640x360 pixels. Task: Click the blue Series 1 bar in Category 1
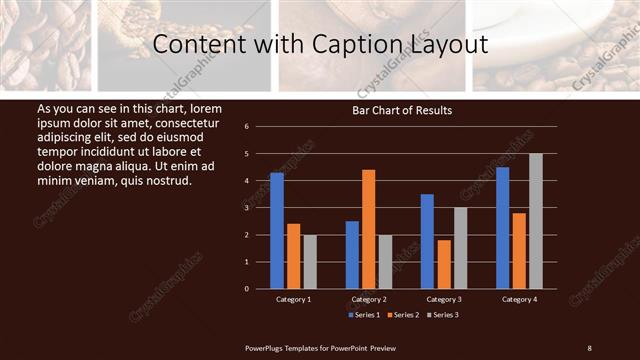277,231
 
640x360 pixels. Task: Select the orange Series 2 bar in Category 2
368,229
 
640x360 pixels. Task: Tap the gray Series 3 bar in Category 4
536,221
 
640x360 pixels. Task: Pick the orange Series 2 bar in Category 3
443,264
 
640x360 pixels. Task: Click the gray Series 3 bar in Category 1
310,262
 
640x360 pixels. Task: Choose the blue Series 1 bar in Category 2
352,255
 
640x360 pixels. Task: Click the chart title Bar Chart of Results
402,110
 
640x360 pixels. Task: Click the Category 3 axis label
443,299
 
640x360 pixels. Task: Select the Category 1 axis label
293,299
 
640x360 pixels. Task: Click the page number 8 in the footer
589,348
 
